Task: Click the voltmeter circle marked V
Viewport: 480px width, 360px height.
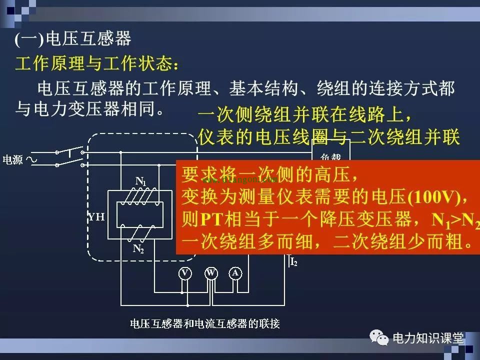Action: click(x=185, y=273)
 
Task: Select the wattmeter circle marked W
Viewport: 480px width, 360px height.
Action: click(x=211, y=273)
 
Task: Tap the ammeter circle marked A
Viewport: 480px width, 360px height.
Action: click(x=235, y=273)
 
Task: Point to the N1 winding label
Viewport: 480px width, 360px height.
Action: click(x=141, y=181)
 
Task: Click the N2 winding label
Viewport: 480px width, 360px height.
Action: click(x=138, y=248)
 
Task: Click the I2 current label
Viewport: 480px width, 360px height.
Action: click(x=293, y=261)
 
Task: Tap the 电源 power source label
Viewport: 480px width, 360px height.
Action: click(x=12, y=160)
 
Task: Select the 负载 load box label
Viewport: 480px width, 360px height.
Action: click(x=330, y=155)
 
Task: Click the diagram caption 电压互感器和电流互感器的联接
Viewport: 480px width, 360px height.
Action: click(x=204, y=323)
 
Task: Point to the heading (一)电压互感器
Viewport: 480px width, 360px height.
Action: click(x=72, y=39)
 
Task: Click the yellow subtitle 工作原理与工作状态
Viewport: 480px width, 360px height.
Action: click(x=95, y=64)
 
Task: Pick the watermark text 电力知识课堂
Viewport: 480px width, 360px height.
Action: click(x=428, y=338)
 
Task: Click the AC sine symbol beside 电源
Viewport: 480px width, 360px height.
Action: click(x=34, y=160)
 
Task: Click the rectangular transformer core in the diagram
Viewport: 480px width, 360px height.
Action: click(x=140, y=215)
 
